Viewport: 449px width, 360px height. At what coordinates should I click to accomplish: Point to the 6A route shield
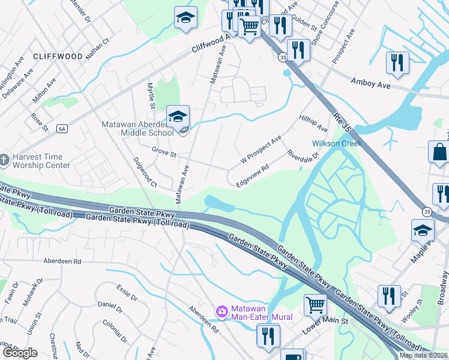(x=61, y=128)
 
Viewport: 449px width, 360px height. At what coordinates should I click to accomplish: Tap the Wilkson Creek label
(x=336, y=143)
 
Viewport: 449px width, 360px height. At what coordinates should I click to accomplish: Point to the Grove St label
(x=163, y=154)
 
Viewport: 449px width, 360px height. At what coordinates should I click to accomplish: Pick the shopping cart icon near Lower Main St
(x=315, y=304)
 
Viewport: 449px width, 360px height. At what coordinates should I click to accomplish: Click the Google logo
(x=19, y=352)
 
